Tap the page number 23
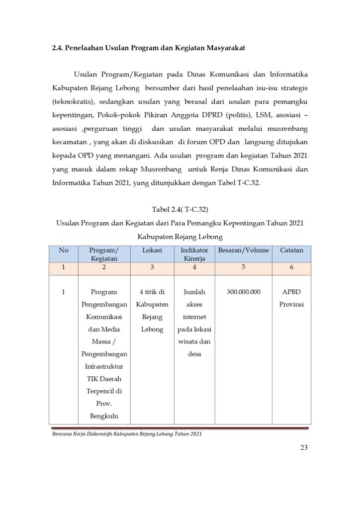pyautogui.click(x=304, y=447)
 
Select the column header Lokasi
pyautogui.click(x=152, y=250)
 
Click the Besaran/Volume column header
pyautogui.click(x=243, y=250)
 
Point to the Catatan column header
pyautogui.click(x=291, y=250)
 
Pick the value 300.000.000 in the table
pyautogui.click(x=243, y=292)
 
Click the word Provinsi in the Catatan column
pyautogui.click(x=291, y=304)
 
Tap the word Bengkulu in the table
pyautogui.click(x=104, y=416)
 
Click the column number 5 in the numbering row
pyautogui.click(x=243, y=267)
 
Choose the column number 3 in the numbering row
pyautogui.click(x=152, y=267)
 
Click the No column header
pyautogui.click(x=64, y=250)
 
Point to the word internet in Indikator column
pyautogui.click(x=194, y=317)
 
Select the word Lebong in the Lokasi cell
pyautogui.click(x=152, y=329)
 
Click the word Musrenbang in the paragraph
pyautogui.click(x=146, y=169)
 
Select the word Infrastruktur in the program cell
pyautogui.click(x=104, y=366)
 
